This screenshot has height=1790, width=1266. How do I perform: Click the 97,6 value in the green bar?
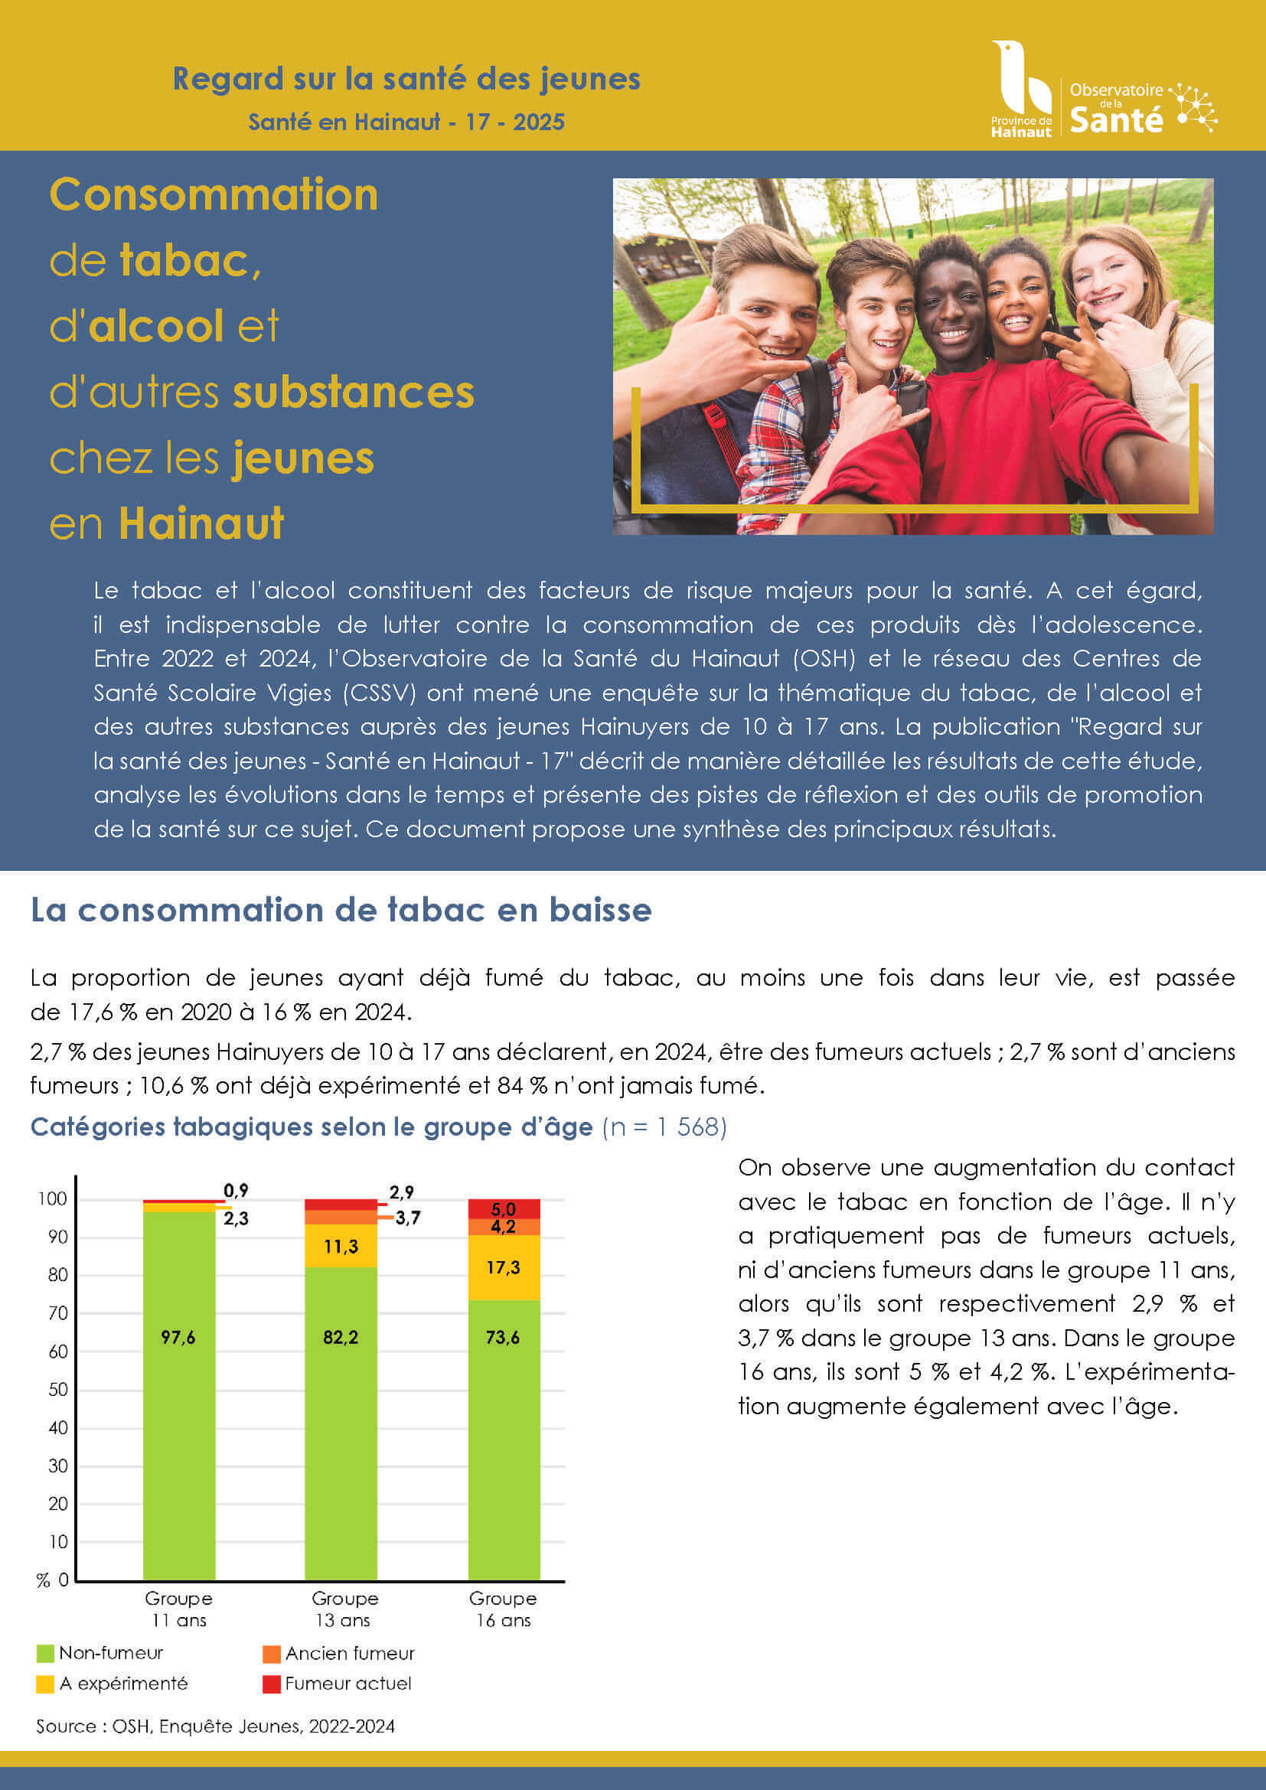click(x=178, y=1338)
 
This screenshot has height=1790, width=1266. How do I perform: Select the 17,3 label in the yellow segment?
click(x=503, y=1267)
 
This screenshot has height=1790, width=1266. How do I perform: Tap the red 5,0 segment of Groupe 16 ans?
click(x=504, y=1209)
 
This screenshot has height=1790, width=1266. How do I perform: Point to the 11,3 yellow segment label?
click(x=341, y=1247)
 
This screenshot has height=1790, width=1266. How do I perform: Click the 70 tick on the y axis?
click(x=58, y=1314)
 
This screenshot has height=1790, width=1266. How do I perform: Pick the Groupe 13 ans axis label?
click(x=344, y=1609)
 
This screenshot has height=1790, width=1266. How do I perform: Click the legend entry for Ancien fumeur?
click(x=338, y=1654)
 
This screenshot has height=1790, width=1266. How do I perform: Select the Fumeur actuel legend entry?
click(x=338, y=1684)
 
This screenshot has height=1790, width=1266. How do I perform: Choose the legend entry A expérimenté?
click(x=113, y=1684)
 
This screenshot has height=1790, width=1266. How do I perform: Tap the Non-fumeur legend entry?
click(x=100, y=1653)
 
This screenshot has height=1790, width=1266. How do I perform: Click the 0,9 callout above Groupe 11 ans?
click(x=236, y=1191)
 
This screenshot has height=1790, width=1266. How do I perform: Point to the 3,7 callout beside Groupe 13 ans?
click(x=407, y=1218)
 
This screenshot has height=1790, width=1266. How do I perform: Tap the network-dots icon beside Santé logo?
click(x=1193, y=106)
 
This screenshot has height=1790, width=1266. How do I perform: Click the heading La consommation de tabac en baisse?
click(x=341, y=910)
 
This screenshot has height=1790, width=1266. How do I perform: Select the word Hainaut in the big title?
click(x=201, y=523)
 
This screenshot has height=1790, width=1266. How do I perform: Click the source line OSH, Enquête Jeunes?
click(x=215, y=1726)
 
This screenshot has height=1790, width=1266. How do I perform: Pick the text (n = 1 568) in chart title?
click(x=664, y=1126)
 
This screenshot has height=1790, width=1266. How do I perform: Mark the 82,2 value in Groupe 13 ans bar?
click(x=341, y=1338)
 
